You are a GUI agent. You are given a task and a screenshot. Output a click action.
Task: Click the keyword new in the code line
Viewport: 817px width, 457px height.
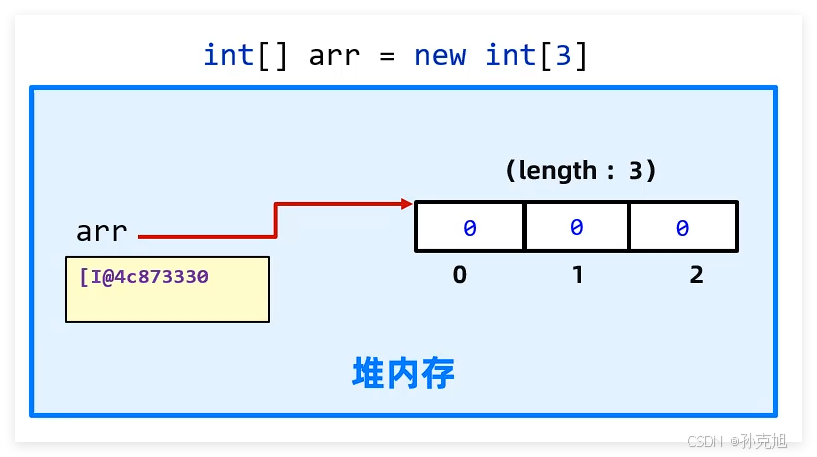tap(440, 55)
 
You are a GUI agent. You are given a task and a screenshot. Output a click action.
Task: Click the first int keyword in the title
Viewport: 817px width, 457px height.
tap(229, 55)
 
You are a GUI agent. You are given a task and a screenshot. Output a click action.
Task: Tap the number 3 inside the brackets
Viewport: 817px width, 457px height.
tap(564, 55)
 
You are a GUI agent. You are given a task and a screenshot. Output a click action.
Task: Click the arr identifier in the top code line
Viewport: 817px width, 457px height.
tap(334, 56)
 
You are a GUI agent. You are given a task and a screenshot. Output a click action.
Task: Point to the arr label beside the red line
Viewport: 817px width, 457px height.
tap(102, 232)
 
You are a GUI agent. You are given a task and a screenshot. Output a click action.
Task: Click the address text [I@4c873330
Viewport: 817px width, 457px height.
tap(144, 275)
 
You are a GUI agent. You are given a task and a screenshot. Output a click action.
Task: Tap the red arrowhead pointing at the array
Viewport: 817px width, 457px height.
tap(407, 204)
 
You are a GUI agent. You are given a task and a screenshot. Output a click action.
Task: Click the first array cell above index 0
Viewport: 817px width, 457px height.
tap(470, 227)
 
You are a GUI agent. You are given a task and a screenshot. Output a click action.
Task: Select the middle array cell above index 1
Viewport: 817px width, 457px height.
tap(576, 227)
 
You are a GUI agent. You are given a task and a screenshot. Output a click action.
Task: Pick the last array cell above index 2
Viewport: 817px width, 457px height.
tap(683, 227)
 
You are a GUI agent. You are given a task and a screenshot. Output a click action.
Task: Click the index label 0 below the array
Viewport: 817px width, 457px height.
tap(460, 274)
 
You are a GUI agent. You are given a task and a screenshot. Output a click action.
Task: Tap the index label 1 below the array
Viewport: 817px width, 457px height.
tap(577, 274)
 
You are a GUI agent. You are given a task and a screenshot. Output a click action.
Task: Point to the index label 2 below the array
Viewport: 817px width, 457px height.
tap(696, 274)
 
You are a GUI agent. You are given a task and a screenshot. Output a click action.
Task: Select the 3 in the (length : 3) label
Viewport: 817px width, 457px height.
tap(636, 171)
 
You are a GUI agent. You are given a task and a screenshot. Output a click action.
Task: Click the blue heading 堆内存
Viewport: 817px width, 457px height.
tap(404, 373)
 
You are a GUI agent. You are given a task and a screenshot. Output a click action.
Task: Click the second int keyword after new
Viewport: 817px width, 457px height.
tap(511, 55)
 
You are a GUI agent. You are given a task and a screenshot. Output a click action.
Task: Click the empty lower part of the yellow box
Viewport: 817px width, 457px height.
tap(167, 304)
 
